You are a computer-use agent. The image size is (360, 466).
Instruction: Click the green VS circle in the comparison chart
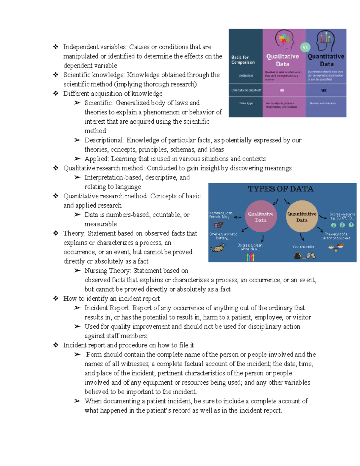pos(305,47)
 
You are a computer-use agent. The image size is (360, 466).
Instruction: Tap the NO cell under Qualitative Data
pos(282,90)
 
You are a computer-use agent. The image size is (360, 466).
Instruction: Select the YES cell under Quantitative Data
pos(324,90)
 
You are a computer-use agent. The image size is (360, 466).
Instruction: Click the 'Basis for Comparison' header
pos(243,60)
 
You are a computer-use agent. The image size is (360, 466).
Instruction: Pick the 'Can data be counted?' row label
pos(246,90)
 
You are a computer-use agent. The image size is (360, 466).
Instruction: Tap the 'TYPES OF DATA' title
pos(280,189)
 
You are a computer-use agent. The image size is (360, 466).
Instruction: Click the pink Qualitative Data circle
pos(260,216)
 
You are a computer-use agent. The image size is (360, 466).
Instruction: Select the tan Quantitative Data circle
pos(302,216)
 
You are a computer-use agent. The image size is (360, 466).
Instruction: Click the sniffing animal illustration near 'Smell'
pos(218,248)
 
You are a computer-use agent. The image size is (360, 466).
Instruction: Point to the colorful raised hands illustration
pos(250,257)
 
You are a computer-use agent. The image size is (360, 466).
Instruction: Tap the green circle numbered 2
pos(342,225)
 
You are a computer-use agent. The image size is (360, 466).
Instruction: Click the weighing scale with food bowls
pos(336,246)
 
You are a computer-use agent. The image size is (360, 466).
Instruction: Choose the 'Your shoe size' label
pos(303,247)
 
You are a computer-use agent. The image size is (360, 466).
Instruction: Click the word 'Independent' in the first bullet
pos(79,47)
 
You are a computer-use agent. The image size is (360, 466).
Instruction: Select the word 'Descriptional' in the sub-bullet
pos(104,140)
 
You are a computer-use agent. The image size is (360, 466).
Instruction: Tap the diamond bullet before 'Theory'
pos(56,233)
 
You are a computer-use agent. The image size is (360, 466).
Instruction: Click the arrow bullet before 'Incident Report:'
pos(77,308)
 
